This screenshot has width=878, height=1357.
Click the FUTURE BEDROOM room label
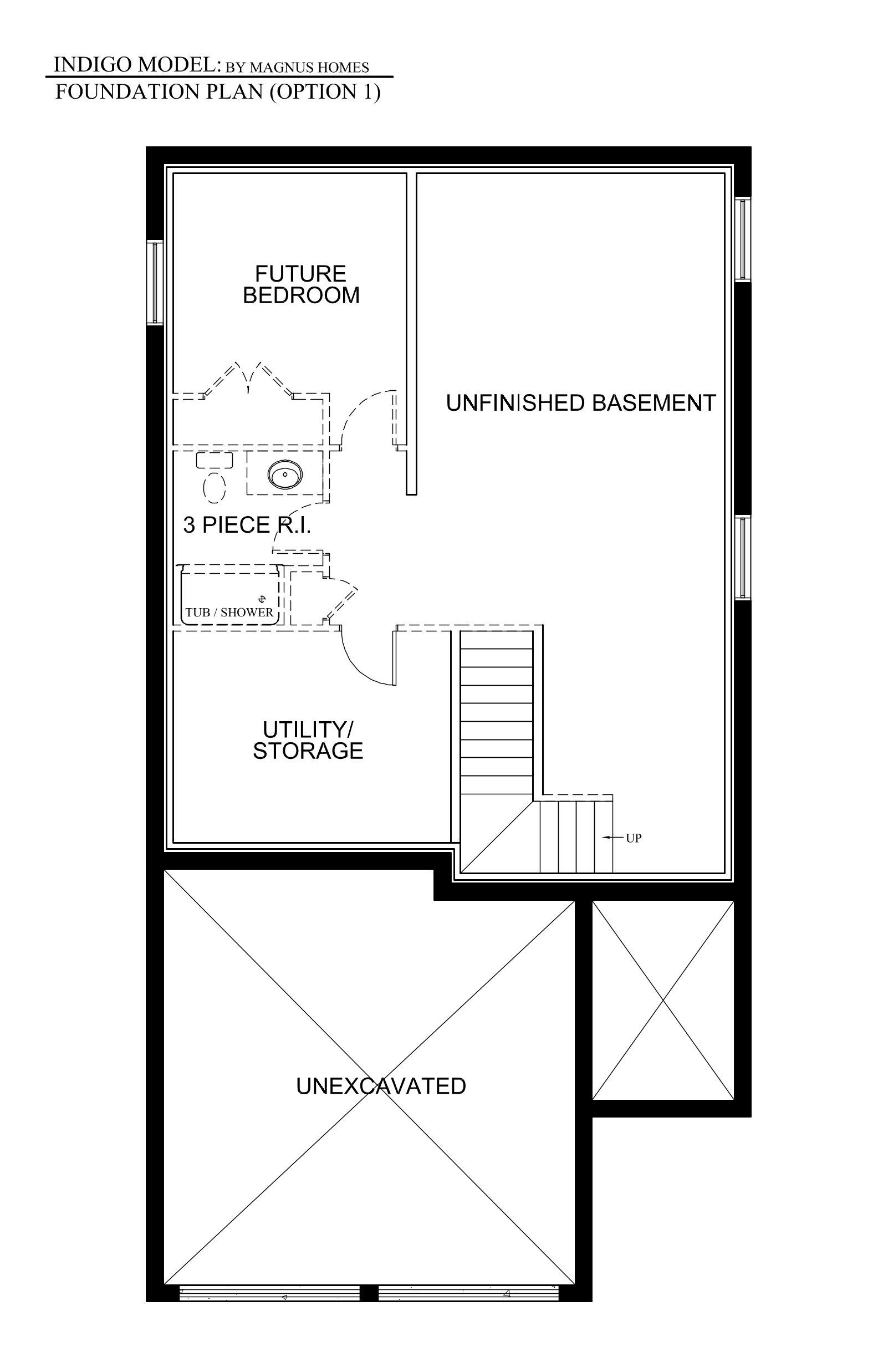(301, 284)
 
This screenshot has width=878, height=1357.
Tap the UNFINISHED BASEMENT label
(580, 403)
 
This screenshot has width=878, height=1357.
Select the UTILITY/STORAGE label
(308, 740)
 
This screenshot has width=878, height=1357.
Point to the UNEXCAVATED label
(381, 1086)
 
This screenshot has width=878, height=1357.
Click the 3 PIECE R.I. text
(247, 524)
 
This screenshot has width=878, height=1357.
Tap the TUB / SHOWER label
(229, 613)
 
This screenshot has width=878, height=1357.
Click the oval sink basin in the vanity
(285, 475)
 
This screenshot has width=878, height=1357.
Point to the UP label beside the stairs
(634, 838)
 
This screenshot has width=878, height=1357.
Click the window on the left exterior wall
(155, 283)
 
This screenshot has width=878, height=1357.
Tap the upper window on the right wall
(742, 239)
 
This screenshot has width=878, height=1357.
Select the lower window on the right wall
(742, 558)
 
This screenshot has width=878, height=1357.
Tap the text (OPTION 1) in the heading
(325, 92)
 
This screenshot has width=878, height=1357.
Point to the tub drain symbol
(262, 599)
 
